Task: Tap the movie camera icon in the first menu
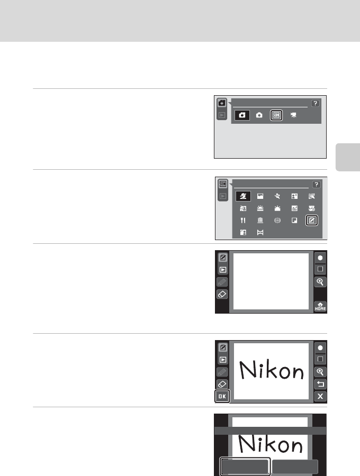[293, 115]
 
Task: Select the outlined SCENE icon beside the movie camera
[276, 115]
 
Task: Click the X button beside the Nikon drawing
[319, 397]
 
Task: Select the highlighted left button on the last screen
[245, 466]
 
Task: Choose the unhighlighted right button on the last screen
[294, 466]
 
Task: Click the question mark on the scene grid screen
[316, 184]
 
